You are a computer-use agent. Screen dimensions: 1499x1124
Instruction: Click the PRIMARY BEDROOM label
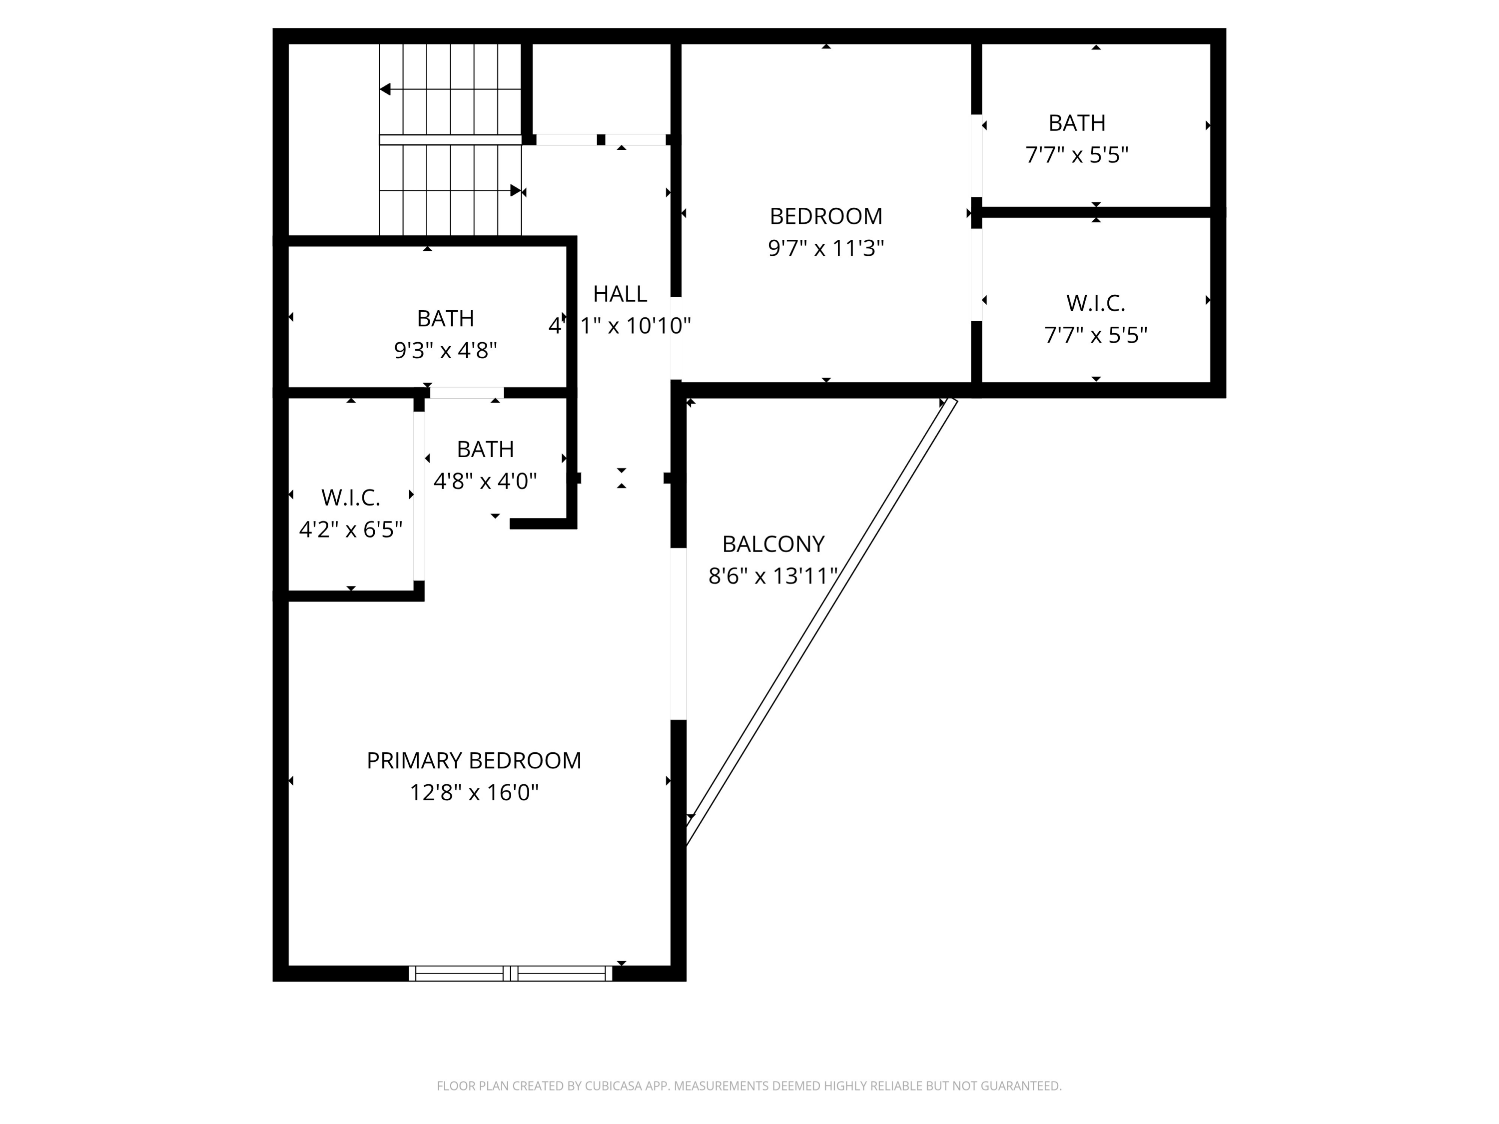click(x=474, y=760)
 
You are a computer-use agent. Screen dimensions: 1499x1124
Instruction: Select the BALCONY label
click(x=773, y=544)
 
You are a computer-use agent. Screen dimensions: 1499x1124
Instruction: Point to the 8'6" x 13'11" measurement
click(x=773, y=576)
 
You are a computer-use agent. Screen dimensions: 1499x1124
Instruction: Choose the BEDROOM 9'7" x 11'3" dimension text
click(x=825, y=248)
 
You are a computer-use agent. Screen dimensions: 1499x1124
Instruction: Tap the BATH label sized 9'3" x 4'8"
click(x=445, y=318)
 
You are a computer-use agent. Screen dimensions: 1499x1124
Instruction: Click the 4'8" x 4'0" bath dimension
click(x=485, y=481)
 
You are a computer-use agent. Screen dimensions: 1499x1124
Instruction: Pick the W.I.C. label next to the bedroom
click(x=1096, y=303)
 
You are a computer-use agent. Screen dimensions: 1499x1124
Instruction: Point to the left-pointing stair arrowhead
click(x=385, y=89)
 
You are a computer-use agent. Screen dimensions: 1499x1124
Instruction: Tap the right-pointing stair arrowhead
click(x=516, y=190)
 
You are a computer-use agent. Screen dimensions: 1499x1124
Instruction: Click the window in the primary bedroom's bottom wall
click(x=510, y=973)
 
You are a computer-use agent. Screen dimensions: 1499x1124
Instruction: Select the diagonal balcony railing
click(x=821, y=621)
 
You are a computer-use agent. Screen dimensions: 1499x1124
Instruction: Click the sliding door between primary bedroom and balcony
click(x=679, y=633)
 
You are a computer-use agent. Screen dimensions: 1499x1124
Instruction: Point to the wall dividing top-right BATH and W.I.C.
click(x=1096, y=212)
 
